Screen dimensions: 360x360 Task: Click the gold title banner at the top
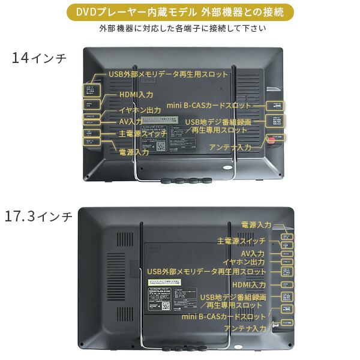coord(180,11)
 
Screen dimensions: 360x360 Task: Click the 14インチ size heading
coord(40,59)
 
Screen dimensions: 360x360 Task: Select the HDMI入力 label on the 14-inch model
coord(136,95)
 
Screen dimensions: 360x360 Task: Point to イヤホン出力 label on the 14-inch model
coord(140,110)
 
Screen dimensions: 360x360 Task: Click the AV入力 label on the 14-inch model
coord(131,122)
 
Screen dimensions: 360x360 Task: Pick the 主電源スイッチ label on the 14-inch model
coord(142,134)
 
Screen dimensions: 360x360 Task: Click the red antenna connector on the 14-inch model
coord(271,140)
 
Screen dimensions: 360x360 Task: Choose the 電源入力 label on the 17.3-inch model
coord(256,224)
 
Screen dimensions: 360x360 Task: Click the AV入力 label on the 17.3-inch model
coord(253,253)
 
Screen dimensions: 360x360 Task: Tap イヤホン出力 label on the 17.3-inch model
coord(244,262)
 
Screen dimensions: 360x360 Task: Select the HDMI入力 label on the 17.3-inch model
coord(249,284)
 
